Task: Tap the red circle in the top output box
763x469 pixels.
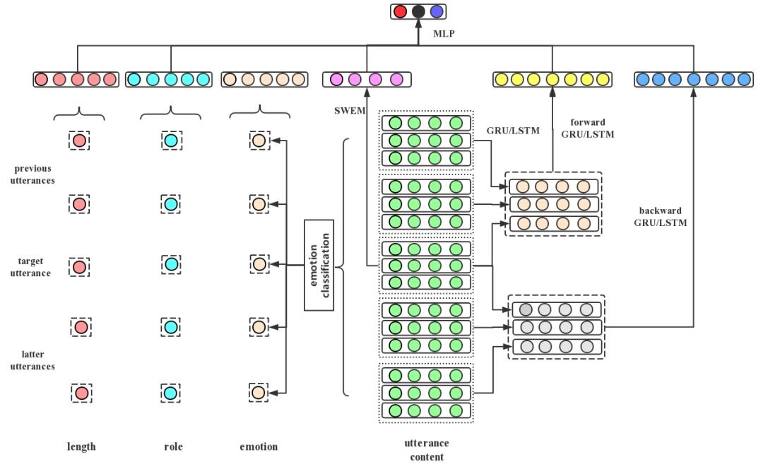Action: tap(401, 11)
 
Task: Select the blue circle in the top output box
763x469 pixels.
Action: tap(437, 11)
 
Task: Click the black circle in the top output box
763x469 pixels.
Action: tap(419, 11)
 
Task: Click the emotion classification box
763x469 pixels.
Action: tap(319, 265)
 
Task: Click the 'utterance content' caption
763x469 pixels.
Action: tap(426, 450)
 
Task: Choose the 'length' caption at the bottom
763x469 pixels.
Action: tap(81, 446)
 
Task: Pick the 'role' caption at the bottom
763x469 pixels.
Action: tap(172, 446)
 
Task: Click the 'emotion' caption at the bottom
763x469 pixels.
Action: tap(259, 446)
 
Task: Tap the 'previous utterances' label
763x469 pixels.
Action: tap(33, 174)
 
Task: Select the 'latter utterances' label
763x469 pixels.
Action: tap(33, 360)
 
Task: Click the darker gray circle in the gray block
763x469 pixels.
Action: tap(526, 309)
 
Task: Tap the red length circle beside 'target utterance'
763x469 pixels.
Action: tap(79, 267)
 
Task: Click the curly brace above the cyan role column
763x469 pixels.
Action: tap(171, 113)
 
